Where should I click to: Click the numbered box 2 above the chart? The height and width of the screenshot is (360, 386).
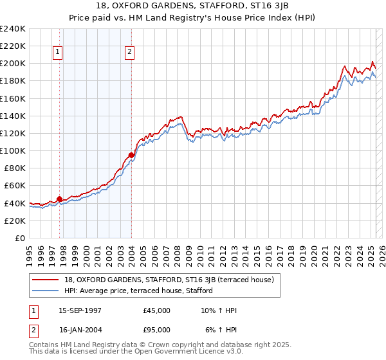tap(130, 52)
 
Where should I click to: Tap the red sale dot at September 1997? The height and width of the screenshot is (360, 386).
tap(60, 199)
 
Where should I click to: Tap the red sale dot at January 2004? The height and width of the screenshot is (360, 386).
tap(131, 155)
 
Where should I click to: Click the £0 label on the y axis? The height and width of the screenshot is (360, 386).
tap(19, 238)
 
